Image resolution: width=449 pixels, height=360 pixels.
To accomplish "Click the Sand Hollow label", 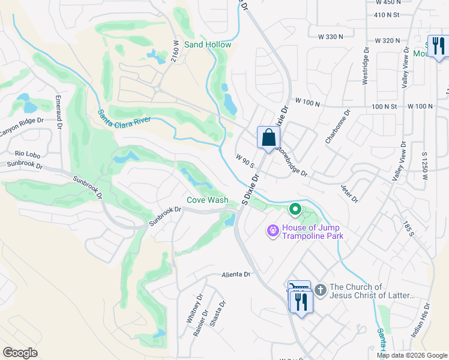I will point(208,45).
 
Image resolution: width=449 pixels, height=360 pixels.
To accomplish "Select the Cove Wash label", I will point(207,200).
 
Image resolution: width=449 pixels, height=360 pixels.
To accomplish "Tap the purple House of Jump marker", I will point(273,230).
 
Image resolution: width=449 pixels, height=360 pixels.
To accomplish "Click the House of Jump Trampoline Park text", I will point(310,232).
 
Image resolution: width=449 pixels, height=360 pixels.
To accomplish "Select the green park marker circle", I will point(295,209).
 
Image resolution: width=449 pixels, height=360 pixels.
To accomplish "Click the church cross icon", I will point(320,291).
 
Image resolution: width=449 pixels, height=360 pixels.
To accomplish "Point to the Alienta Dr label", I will point(235,274).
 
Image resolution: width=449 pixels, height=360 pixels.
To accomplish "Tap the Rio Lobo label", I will point(27,154).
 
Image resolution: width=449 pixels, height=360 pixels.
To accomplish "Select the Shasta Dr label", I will point(218,313).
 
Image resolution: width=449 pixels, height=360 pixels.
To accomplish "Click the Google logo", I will point(20,353).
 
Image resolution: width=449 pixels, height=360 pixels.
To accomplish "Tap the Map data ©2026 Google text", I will point(412,355).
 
